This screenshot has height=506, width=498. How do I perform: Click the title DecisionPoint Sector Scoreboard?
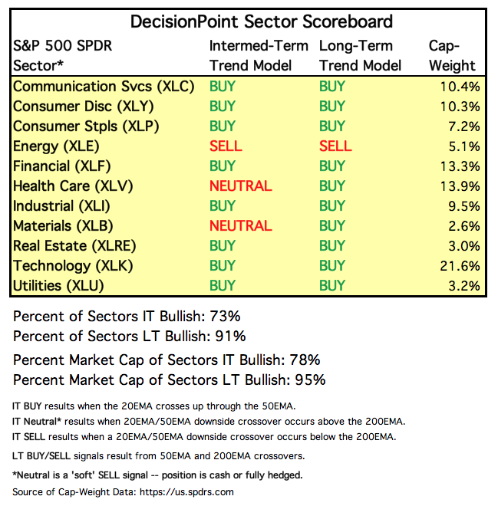(262, 21)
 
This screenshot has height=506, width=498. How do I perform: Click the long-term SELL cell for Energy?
(335, 146)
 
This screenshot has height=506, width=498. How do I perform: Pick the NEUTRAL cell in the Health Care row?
(240, 186)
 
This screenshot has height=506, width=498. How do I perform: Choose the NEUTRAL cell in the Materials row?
(240, 225)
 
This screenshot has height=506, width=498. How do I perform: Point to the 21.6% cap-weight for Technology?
(462, 266)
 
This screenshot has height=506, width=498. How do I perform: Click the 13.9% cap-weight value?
(462, 186)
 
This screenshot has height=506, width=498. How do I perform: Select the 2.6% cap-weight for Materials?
(465, 225)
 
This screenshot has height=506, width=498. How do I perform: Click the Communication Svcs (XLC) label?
(104, 86)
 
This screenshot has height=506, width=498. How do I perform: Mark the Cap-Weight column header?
(452, 55)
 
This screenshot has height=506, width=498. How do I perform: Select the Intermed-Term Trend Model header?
(259, 55)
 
